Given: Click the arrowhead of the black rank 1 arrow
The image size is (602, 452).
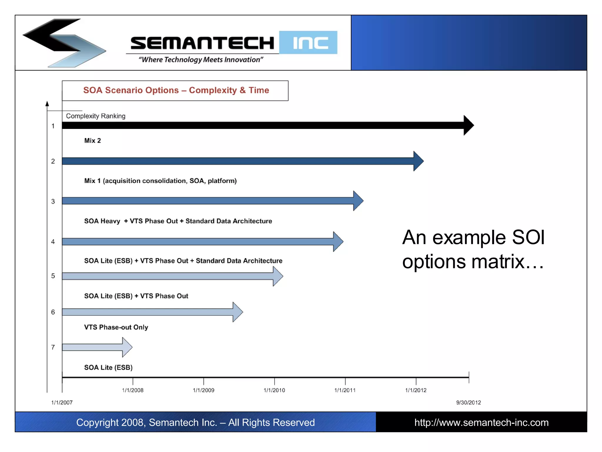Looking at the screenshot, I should coord(468,125).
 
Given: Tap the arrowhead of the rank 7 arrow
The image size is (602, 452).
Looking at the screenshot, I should coord(127,347).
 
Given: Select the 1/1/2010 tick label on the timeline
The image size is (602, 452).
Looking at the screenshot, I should coord(274,390).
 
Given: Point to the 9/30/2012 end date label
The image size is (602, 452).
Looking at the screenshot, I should coord(469,403).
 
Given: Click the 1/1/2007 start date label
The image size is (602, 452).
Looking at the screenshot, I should coord(62,403).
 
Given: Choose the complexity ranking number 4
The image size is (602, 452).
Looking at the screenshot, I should coord(53,242).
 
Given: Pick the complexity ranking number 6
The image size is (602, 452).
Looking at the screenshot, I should coord(53,312).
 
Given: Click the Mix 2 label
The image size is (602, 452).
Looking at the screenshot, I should coord(92,141).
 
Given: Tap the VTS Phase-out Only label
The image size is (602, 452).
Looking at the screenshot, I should coord(116,327).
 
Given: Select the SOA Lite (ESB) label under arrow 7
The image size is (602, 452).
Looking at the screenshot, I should coord(108,368).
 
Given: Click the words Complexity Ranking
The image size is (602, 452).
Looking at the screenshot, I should coord(96,116).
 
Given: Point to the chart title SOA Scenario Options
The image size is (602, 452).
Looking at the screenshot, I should coord(176,90).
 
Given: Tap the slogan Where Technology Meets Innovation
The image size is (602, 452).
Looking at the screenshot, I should coord(201,60).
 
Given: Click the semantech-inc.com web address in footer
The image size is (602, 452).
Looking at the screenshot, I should coord(481,423).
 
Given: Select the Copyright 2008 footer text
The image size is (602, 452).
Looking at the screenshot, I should coord(195,423).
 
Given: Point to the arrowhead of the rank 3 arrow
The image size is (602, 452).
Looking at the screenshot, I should coord(358,201).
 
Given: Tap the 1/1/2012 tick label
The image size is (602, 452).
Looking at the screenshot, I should coord(416,390).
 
